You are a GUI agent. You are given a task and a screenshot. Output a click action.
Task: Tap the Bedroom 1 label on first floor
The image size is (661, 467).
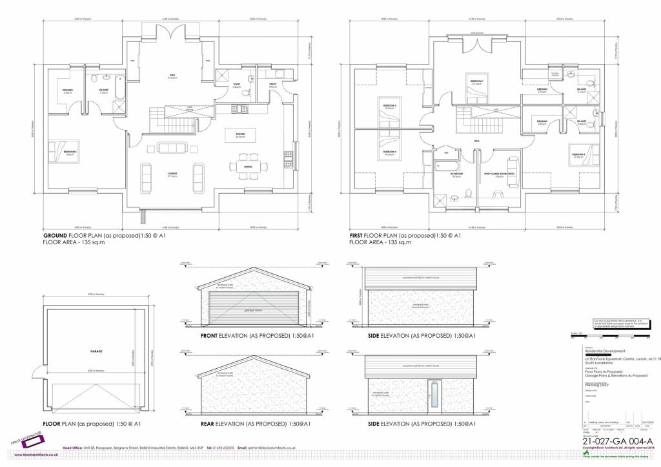coord(477,83)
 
